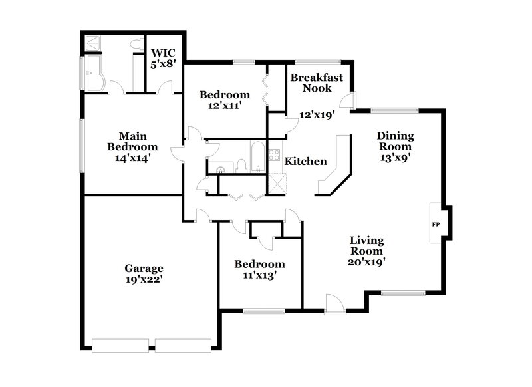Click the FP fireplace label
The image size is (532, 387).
[436, 225]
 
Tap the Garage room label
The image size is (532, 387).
[144, 269]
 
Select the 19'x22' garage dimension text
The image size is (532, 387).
[144, 280]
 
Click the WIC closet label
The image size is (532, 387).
[164, 53]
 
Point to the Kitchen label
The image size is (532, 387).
[305, 161]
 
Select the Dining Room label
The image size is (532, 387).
[396, 141]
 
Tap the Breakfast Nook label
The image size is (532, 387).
[317, 82]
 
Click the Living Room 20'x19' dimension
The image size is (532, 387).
[366, 261]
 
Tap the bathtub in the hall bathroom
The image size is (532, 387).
[257, 158]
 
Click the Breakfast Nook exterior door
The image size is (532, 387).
[347, 101]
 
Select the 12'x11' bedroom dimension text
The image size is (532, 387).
[225, 105]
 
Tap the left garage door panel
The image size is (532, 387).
[120, 345]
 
